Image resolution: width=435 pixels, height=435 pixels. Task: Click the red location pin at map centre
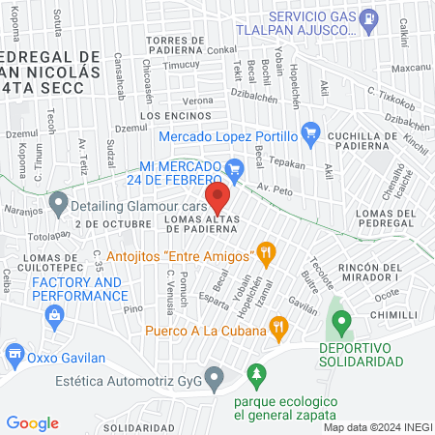click(218, 200)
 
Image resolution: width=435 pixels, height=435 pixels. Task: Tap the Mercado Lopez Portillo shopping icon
click(310, 130)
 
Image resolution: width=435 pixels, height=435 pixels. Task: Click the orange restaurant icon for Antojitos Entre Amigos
click(267, 255)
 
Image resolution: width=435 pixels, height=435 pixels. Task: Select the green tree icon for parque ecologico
click(256, 372)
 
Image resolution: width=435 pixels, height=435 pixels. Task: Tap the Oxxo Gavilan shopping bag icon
click(14, 354)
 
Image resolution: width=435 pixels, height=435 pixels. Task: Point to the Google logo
click(33, 422)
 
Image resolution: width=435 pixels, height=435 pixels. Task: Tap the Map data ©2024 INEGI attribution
click(377, 426)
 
